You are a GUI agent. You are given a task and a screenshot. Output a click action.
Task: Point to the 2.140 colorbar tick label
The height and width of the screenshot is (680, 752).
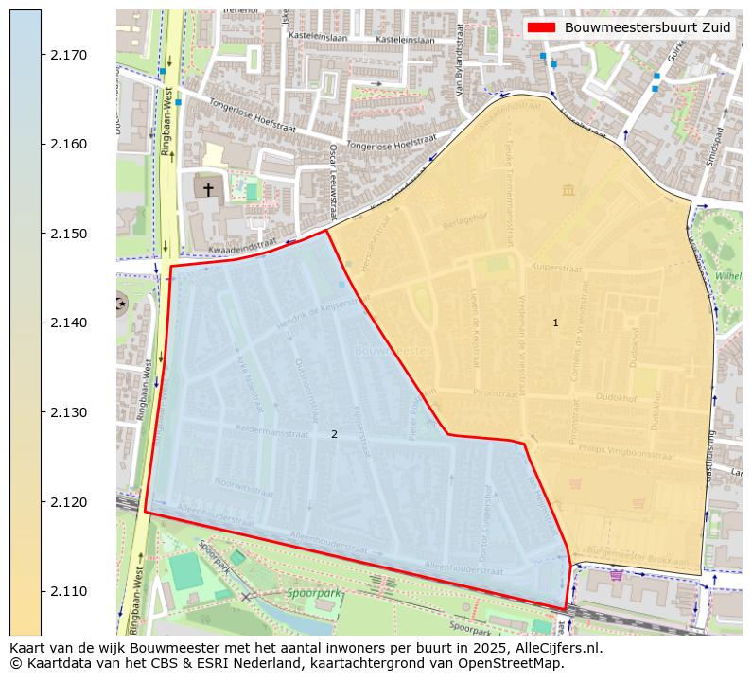coord(68,323)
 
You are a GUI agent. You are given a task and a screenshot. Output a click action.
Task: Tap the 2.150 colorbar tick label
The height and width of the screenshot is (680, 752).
coord(68,234)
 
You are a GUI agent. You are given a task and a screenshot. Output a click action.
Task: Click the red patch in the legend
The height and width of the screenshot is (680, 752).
coord(542,27)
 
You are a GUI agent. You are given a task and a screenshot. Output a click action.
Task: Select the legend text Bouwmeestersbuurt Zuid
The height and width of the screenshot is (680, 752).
coord(647,27)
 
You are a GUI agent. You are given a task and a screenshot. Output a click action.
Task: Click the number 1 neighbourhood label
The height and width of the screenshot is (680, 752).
coord(555,323)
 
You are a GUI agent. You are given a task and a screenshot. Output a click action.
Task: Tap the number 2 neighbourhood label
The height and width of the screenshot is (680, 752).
coord(334,434)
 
